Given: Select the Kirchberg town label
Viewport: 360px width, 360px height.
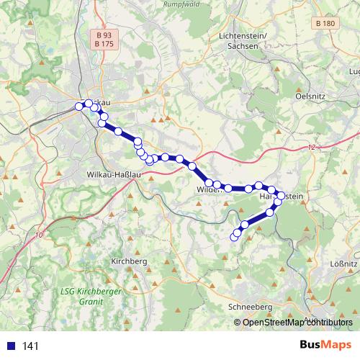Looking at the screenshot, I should [x=130, y=261].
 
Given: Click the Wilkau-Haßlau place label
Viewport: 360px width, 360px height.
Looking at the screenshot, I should [x=116, y=175].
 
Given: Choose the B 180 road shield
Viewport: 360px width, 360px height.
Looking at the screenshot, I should [x=325, y=24].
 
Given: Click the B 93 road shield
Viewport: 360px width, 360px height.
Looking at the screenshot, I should [x=104, y=35].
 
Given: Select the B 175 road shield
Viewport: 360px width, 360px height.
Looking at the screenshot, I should [x=104, y=44].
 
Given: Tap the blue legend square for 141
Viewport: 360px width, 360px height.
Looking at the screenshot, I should [x=10, y=346].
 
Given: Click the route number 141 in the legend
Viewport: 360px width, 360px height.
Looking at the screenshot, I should [x=30, y=346].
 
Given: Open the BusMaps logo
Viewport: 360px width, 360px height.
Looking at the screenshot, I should [x=325, y=345].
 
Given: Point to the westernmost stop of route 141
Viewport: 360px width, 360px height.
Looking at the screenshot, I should [x=79, y=107].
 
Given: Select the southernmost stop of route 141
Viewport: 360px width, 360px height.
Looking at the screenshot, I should [x=233, y=238].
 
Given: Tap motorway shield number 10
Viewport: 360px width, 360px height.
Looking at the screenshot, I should [x=38, y=235].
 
